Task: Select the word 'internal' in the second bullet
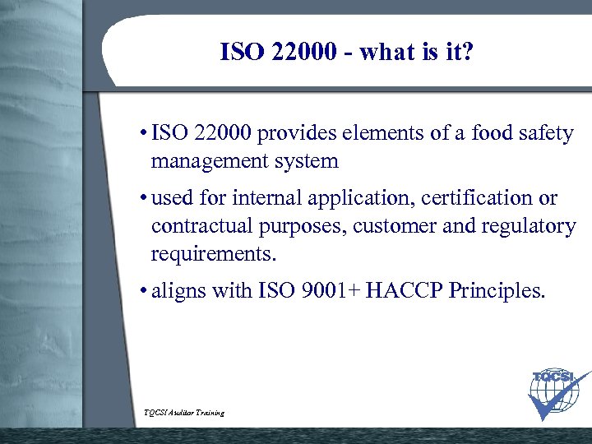pyautogui.click(x=270, y=198)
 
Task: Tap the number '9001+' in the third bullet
pyautogui.click(x=331, y=290)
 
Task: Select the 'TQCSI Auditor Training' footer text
pyautogui.click(x=183, y=412)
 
